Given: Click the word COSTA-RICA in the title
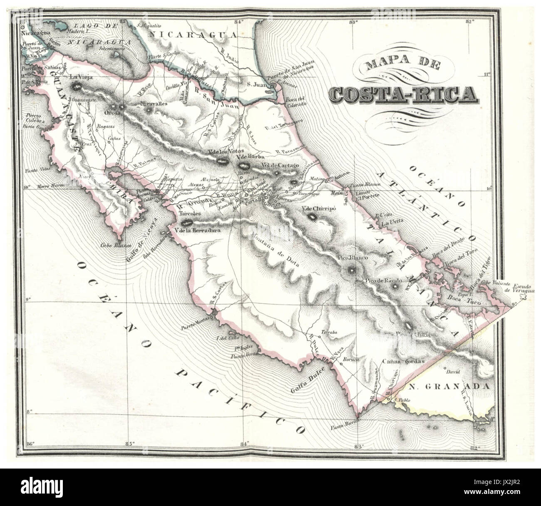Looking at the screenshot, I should click(403, 94).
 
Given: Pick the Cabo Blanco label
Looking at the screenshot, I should click(107, 245).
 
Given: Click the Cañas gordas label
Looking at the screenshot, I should click(403, 361).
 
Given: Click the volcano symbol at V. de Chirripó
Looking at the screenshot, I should click(312, 216).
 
